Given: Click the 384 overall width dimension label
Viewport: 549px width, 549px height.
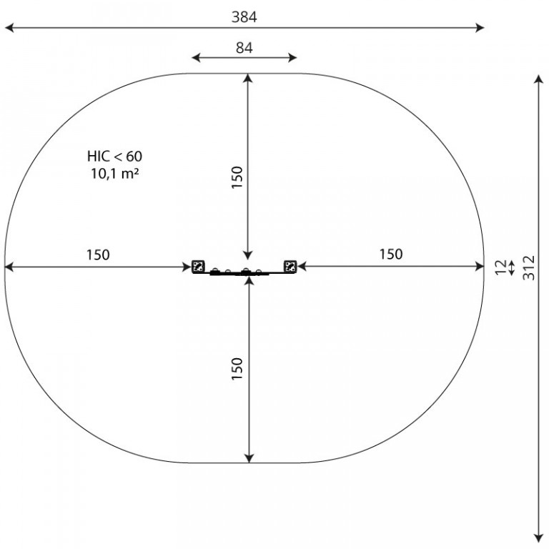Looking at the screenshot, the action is [244, 17].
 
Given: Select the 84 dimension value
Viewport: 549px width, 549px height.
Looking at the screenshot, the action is [244, 48].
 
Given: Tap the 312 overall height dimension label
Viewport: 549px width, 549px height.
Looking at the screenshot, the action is [529, 267].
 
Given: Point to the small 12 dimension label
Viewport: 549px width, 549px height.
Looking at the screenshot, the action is [501, 267].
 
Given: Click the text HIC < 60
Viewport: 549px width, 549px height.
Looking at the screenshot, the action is [115, 156].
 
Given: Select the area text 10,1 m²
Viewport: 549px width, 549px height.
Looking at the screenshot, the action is [115, 173].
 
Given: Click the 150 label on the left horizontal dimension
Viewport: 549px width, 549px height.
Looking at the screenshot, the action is [98, 255].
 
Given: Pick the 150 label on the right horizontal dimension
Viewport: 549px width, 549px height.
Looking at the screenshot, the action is [391, 254].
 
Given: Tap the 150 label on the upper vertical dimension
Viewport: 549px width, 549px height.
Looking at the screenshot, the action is [237, 177].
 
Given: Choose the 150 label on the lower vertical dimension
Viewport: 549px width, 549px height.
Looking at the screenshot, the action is [237, 369].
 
